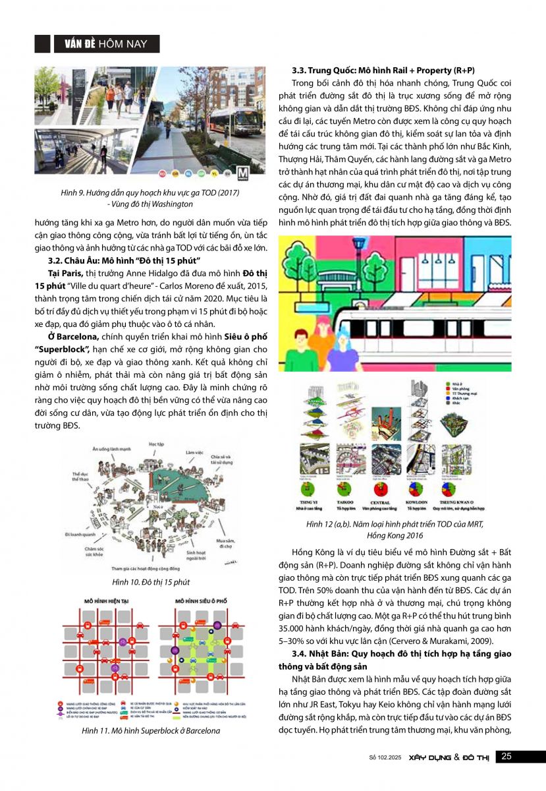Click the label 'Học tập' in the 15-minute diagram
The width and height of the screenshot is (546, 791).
click(x=157, y=445)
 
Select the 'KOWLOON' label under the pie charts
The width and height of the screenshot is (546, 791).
click(x=417, y=503)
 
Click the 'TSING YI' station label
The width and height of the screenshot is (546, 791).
click(x=308, y=503)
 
